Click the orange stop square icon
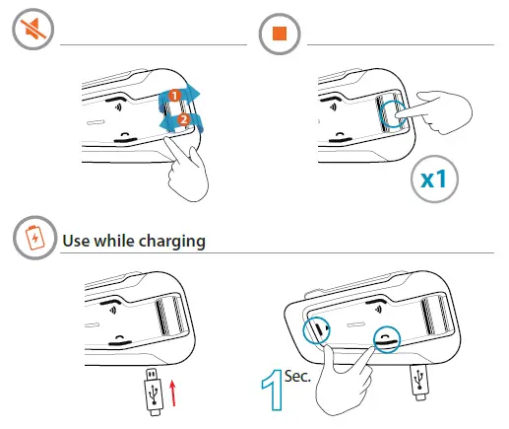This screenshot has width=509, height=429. tap(279, 36)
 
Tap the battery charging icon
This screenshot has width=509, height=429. tap(34, 239)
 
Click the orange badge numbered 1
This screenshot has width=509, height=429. tap(172, 96)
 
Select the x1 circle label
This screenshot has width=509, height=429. tap(434, 180)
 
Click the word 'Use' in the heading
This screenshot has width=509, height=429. tap(77, 240)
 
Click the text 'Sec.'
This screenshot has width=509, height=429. tap(297, 376)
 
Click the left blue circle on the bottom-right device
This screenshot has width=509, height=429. tap(317, 329)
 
